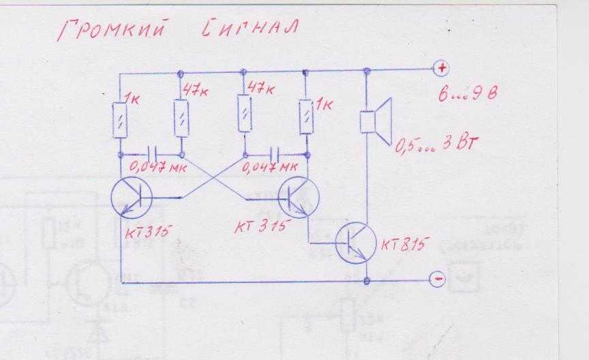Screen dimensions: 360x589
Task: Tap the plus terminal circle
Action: click(x=442, y=68)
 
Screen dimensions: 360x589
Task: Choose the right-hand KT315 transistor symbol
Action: click(x=299, y=196)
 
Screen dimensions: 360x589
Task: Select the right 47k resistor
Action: click(x=243, y=113)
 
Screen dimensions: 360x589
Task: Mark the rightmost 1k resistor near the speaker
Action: click(x=305, y=116)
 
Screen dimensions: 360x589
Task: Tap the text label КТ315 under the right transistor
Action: click(x=262, y=226)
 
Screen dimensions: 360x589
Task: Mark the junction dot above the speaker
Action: click(x=367, y=70)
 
